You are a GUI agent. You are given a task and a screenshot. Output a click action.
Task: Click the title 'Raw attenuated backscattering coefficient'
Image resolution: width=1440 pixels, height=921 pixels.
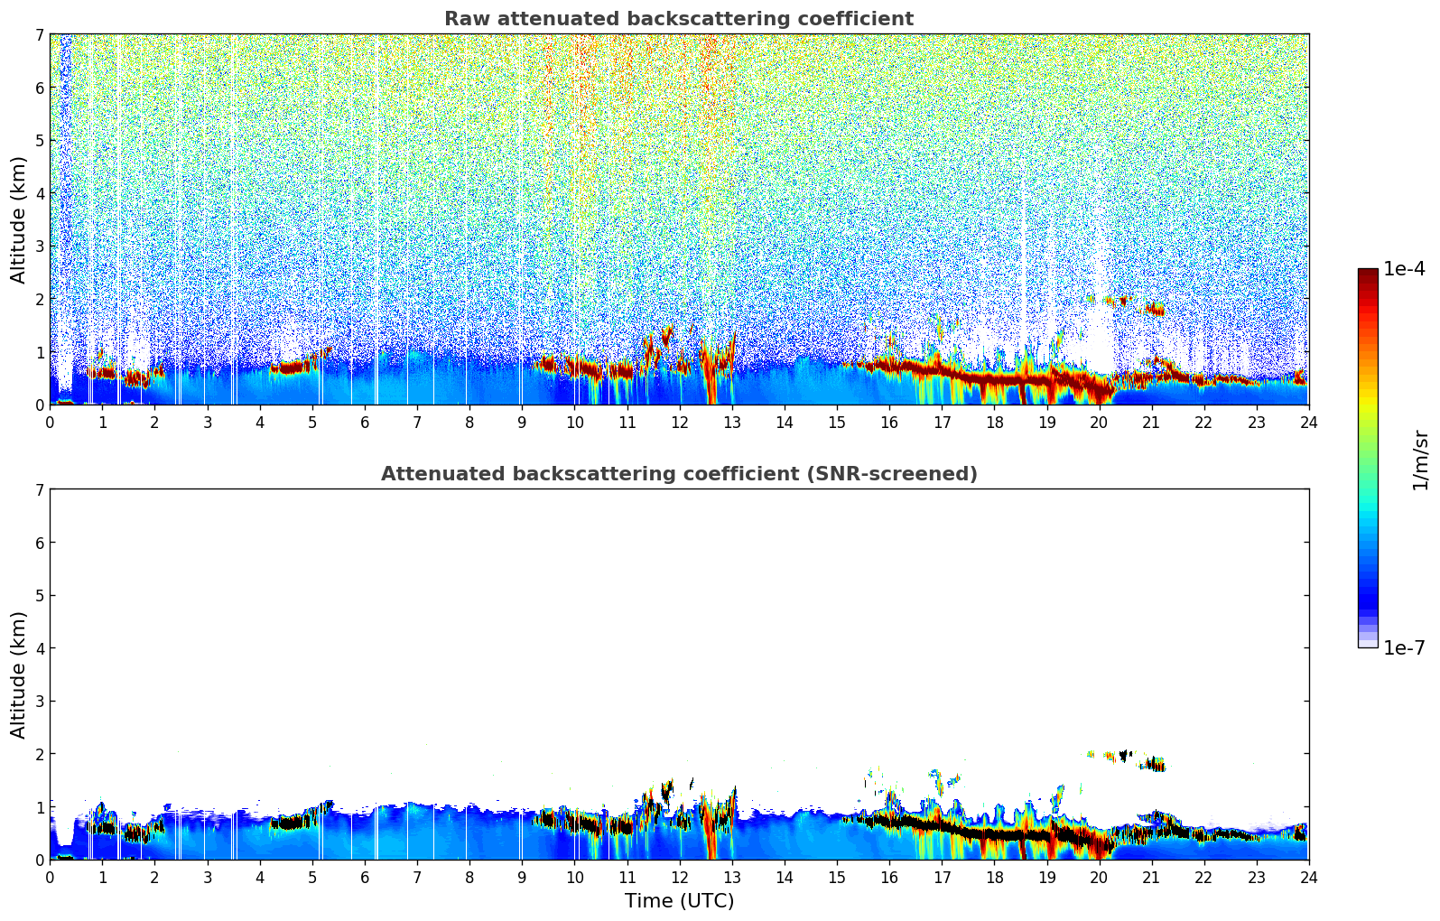678,19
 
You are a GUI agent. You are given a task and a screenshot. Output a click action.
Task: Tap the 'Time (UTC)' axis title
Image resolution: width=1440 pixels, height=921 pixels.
679,901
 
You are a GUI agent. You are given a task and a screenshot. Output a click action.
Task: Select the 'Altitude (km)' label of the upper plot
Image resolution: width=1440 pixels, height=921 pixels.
19,219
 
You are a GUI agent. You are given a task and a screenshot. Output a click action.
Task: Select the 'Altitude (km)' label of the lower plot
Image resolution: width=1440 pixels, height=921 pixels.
19,674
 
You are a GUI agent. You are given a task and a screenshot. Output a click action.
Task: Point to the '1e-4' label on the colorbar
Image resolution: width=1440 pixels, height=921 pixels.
1404,269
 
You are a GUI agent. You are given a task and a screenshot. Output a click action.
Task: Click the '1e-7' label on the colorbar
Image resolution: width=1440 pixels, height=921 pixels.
1404,647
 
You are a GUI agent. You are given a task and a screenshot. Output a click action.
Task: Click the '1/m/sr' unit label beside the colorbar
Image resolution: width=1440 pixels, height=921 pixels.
1420,460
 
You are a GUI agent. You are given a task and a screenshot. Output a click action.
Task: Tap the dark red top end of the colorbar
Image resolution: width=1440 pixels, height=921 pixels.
1368,274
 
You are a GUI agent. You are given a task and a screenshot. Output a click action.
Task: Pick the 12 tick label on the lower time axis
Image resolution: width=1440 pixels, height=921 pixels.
679,878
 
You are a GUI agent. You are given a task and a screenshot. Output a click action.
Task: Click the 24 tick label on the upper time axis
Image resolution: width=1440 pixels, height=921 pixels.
1308,423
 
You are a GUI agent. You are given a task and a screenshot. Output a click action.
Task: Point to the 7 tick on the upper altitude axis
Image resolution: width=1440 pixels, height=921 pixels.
39,35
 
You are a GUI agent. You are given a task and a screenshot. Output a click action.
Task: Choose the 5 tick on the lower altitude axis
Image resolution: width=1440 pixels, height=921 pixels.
39,596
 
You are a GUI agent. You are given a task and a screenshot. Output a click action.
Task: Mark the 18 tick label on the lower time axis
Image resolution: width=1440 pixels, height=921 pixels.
994,878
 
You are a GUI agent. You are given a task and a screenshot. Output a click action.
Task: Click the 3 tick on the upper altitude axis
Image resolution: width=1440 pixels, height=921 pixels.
39,247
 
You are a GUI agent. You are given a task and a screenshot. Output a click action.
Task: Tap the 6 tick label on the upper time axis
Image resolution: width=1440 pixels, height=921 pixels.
365,423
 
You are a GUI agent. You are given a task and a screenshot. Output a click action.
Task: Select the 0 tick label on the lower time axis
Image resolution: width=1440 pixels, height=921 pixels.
50,878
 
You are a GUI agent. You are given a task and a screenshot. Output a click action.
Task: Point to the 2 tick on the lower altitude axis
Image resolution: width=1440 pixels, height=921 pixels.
39,754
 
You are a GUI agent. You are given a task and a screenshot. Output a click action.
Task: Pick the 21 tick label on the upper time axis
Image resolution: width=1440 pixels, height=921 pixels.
1151,423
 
